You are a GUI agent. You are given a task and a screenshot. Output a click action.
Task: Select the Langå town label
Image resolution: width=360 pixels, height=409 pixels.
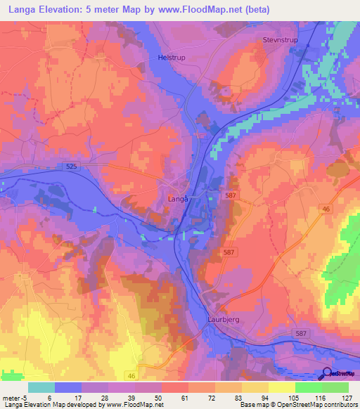179,199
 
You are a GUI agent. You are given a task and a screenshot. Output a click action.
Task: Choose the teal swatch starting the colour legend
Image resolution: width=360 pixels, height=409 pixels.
41,387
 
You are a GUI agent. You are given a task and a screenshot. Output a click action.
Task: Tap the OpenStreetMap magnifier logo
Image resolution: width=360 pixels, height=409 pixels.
327,374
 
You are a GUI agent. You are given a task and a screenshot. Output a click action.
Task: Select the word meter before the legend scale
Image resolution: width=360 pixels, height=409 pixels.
11,397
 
